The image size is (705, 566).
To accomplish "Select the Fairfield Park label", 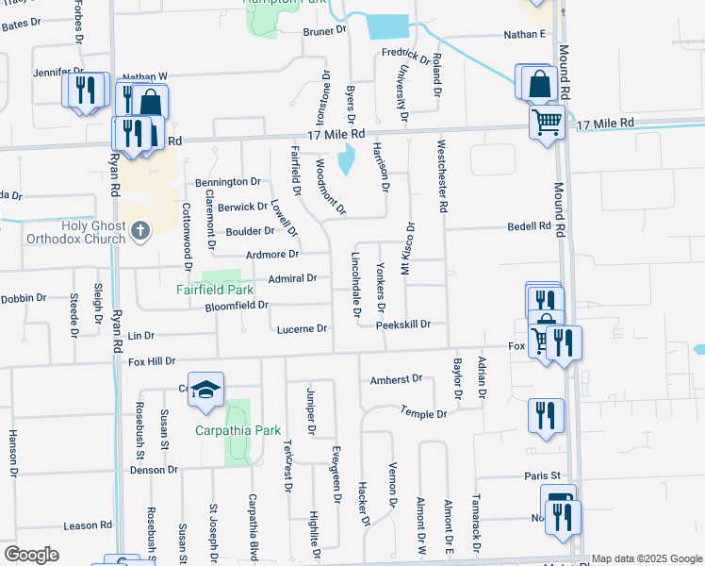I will point(215,291).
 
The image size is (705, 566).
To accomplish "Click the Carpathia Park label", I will point(238,430).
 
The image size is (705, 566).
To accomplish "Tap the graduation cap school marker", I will point(205,390).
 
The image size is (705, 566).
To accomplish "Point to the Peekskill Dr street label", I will point(402,325).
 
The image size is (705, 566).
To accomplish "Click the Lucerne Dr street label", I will point(303,329).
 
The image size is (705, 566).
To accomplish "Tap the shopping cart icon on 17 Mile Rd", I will point(547,122).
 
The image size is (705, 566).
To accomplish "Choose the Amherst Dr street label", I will point(396,379).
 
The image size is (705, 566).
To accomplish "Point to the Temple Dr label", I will point(423,414).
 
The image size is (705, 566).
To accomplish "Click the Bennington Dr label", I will point(228,182).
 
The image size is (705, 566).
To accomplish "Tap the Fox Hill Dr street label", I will point(152,361).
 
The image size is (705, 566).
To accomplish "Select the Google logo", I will point(32,554).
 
